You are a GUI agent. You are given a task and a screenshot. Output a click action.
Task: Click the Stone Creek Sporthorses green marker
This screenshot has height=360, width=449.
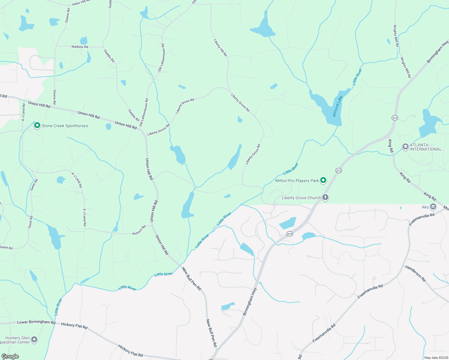[x=37, y=125]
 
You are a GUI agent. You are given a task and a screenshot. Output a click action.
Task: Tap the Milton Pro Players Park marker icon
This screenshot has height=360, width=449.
[x=323, y=180]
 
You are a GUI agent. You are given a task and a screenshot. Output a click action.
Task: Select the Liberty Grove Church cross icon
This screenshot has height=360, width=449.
[x=325, y=197]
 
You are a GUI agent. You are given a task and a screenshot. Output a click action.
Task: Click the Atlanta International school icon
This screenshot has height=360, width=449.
[x=405, y=147]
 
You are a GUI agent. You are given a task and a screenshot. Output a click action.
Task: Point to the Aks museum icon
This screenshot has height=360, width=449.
[x=433, y=207]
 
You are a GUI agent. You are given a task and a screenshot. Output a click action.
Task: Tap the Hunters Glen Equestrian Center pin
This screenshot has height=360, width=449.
[x=35, y=340]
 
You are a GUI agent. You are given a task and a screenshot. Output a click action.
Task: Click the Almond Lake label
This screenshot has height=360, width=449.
[x=337, y=106]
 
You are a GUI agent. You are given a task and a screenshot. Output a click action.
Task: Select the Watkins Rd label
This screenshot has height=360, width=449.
[x=80, y=47]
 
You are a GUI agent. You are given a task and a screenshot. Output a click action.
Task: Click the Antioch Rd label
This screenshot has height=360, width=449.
[x=139, y=230]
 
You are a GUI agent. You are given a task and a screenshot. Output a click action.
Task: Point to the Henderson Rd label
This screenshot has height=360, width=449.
[x=415, y=273]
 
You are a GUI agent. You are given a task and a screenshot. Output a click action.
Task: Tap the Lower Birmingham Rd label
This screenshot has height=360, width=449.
[x=36, y=322]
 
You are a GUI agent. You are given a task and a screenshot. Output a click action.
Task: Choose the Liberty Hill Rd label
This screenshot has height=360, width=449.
[x=220, y=48]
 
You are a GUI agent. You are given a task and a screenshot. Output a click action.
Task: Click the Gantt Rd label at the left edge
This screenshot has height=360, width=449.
[x=6, y=247]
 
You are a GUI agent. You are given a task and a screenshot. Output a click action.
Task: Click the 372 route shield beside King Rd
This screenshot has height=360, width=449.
[x=395, y=118]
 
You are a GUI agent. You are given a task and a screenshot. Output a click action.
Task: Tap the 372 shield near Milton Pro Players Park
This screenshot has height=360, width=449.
[x=339, y=170]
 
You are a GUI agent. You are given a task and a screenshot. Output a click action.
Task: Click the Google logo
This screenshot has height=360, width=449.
[x=10, y=356]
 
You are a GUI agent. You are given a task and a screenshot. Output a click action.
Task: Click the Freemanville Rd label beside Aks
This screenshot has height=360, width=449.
[x=422, y=219]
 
